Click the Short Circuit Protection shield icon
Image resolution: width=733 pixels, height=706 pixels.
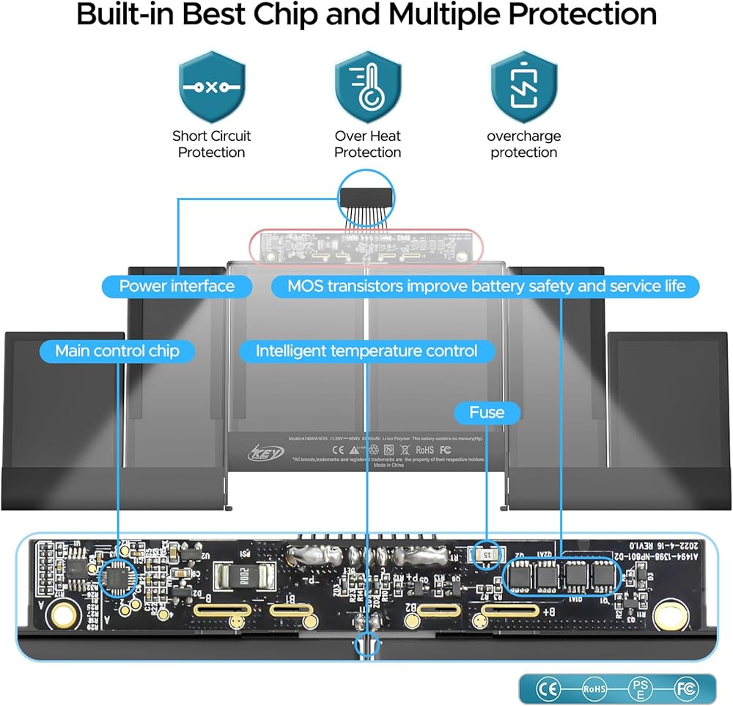pos(212,87)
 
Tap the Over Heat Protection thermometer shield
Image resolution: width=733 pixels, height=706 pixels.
pos(368,87)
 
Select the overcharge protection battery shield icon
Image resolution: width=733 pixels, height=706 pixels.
pos(523,87)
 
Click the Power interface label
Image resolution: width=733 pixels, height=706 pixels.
pos(177,286)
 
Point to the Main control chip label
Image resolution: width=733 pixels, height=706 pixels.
pos(117,351)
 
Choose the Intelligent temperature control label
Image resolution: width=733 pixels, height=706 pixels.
pos(366,351)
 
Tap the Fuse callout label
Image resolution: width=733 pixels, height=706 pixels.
pos(487,413)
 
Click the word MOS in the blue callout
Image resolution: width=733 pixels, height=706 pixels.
pos(305,286)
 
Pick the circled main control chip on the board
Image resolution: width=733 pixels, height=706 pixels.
pos(117,578)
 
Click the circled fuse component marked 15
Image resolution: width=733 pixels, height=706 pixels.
pos(487,555)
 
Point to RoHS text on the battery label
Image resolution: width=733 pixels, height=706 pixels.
pos(424,449)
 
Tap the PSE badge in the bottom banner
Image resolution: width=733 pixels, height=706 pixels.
pos(639,688)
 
